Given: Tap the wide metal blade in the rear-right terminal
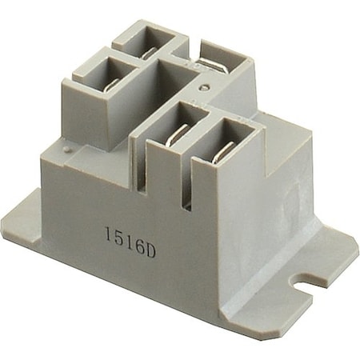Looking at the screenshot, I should (210, 66).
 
